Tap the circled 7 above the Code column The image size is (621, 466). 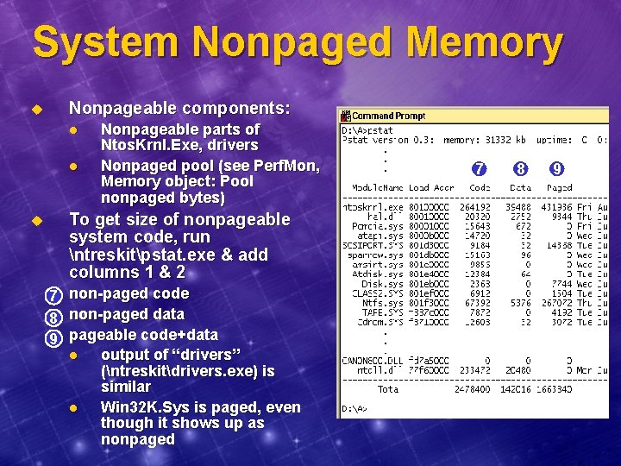pyautogui.click(x=480, y=168)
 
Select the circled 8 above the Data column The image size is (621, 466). pyautogui.click(x=520, y=168)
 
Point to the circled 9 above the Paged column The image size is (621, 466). pyautogui.click(x=558, y=168)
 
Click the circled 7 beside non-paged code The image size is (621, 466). pyautogui.click(x=53, y=295)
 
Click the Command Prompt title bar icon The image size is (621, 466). pyautogui.click(x=345, y=116)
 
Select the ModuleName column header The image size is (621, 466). pyautogui.click(x=377, y=188)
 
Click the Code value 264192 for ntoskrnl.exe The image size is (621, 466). pyautogui.click(x=475, y=207)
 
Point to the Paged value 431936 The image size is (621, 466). pyautogui.click(x=555, y=207)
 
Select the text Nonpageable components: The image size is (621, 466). pyautogui.click(x=179, y=109)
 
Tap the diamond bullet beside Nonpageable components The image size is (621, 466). pyautogui.click(x=37, y=110)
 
